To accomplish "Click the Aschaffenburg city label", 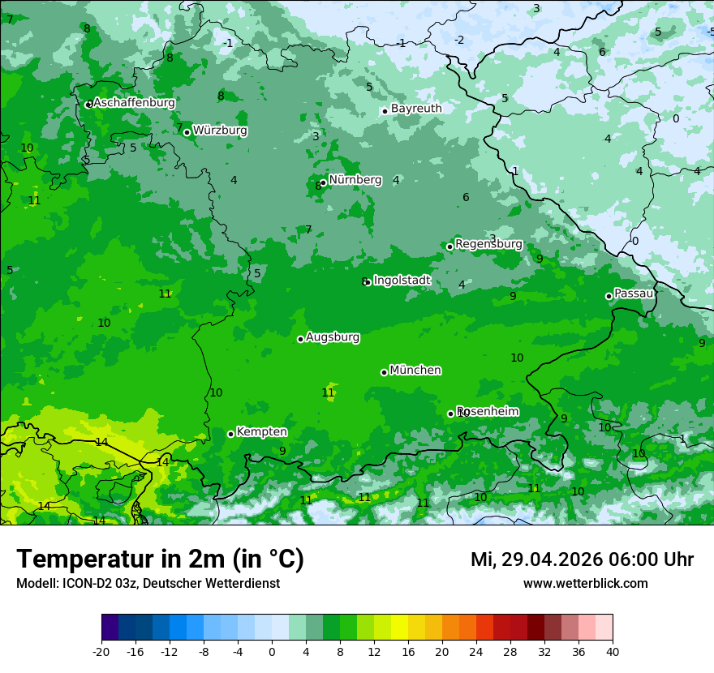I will (x=134, y=103).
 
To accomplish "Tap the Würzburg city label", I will (x=220, y=131).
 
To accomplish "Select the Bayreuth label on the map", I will (x=416, y=109).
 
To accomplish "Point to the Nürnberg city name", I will (x=355, y=180).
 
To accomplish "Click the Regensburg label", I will (x=488, y=244).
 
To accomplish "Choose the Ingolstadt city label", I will (x=402, y=281).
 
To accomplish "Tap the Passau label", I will (x=634, y=294).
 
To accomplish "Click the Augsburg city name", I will (x=333, y=337).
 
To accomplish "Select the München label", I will (x=415, y=371).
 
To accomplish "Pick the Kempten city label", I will (x=261, y=432).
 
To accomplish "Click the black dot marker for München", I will (x=384, y=372).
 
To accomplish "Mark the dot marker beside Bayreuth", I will (x=385, y=111).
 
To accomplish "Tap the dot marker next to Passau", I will (x=609, y=296).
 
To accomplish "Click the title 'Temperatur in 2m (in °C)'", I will (x=160, y=559).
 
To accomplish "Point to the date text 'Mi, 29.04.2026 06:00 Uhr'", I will (x=582, y=559).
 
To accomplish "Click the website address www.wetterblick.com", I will (x=585, y=584).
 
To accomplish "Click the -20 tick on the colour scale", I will (x=101, y=651).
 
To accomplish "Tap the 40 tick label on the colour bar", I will (x=613, y=651).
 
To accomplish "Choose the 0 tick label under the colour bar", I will (x=272, y=651).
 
